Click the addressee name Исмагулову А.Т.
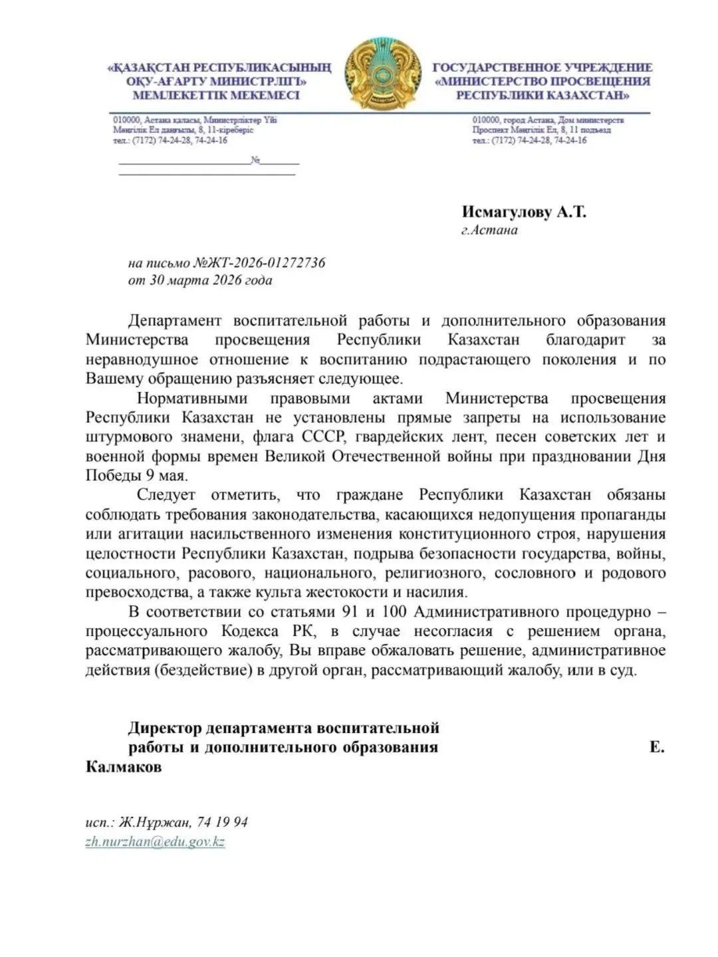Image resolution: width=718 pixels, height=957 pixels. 525,212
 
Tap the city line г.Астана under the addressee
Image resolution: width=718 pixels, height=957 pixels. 489,231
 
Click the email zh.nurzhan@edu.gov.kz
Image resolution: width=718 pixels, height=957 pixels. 156,841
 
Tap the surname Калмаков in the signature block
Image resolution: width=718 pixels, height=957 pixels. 124,766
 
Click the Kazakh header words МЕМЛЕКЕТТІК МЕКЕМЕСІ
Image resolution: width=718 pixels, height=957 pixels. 217,94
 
